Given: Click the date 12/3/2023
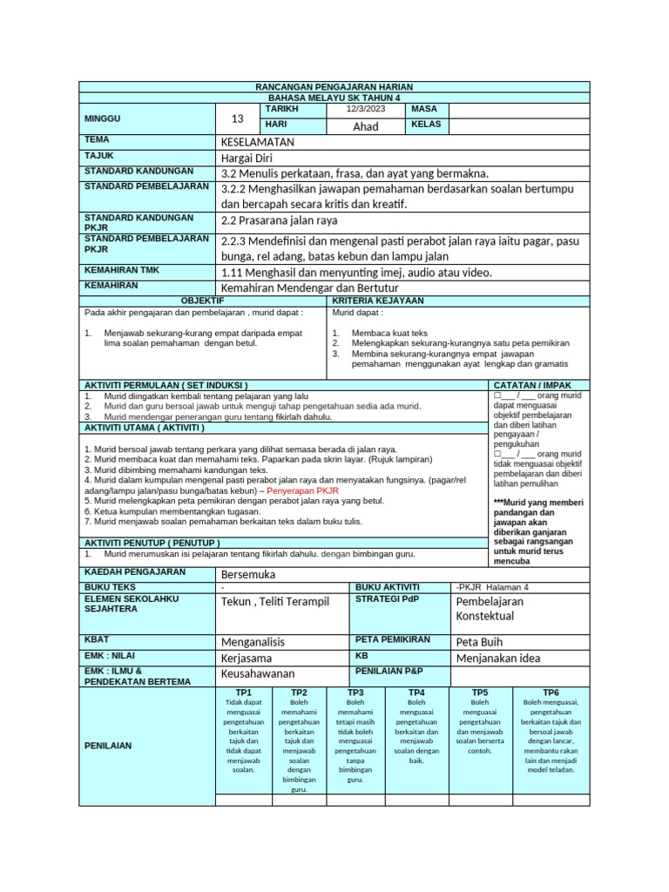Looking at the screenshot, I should click(364, 110).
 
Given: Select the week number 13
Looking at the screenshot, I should click(238, 118).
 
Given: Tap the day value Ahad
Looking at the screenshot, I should click(365, 126).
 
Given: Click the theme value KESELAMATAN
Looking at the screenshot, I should click(258, 141).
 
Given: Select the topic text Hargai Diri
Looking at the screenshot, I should click(247, 157).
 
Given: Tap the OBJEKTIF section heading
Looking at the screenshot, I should click(202, 301).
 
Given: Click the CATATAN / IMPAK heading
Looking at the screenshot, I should click(534, 384).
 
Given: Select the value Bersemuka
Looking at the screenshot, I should click(248, 575).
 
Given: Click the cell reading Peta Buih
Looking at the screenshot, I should click(479, 641).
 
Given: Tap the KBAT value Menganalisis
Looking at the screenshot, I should click(253, 641).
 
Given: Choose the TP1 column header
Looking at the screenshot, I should click(243, 692).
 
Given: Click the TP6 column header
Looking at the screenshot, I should click(551, 692).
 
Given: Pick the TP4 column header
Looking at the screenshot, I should click(416, 692).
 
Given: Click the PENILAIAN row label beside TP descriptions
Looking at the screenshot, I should click(108, 746).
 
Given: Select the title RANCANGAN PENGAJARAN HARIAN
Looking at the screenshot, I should click(334, 87).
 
